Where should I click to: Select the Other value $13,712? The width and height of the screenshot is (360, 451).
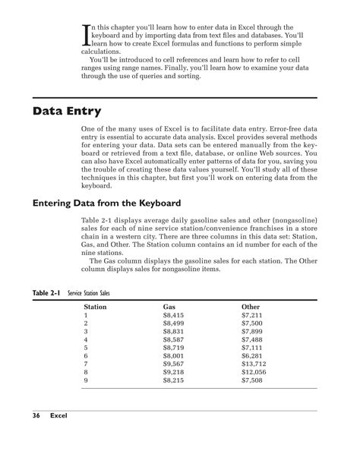(x=254, y=364)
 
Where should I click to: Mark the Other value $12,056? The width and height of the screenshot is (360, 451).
(x=254, y=373)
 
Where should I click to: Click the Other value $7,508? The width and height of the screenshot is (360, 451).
(x=251, y=381)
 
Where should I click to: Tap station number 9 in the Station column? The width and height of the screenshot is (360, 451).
(x=86, y=381)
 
